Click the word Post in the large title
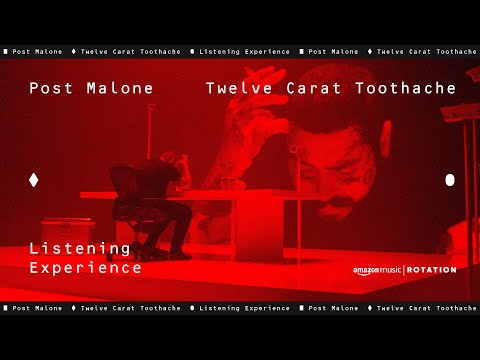pos(51,88)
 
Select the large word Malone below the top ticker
pos(120,88)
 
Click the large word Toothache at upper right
pos(406,88)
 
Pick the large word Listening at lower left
pos(80,248)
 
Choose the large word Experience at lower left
pos(86,268)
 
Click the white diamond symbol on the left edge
pos(34,180)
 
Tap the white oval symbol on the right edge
pos(449,180)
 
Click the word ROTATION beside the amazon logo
pos(431,270)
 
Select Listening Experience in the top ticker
pos(244,51)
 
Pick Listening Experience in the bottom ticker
pos(244,309)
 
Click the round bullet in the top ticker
pos(191,51)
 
